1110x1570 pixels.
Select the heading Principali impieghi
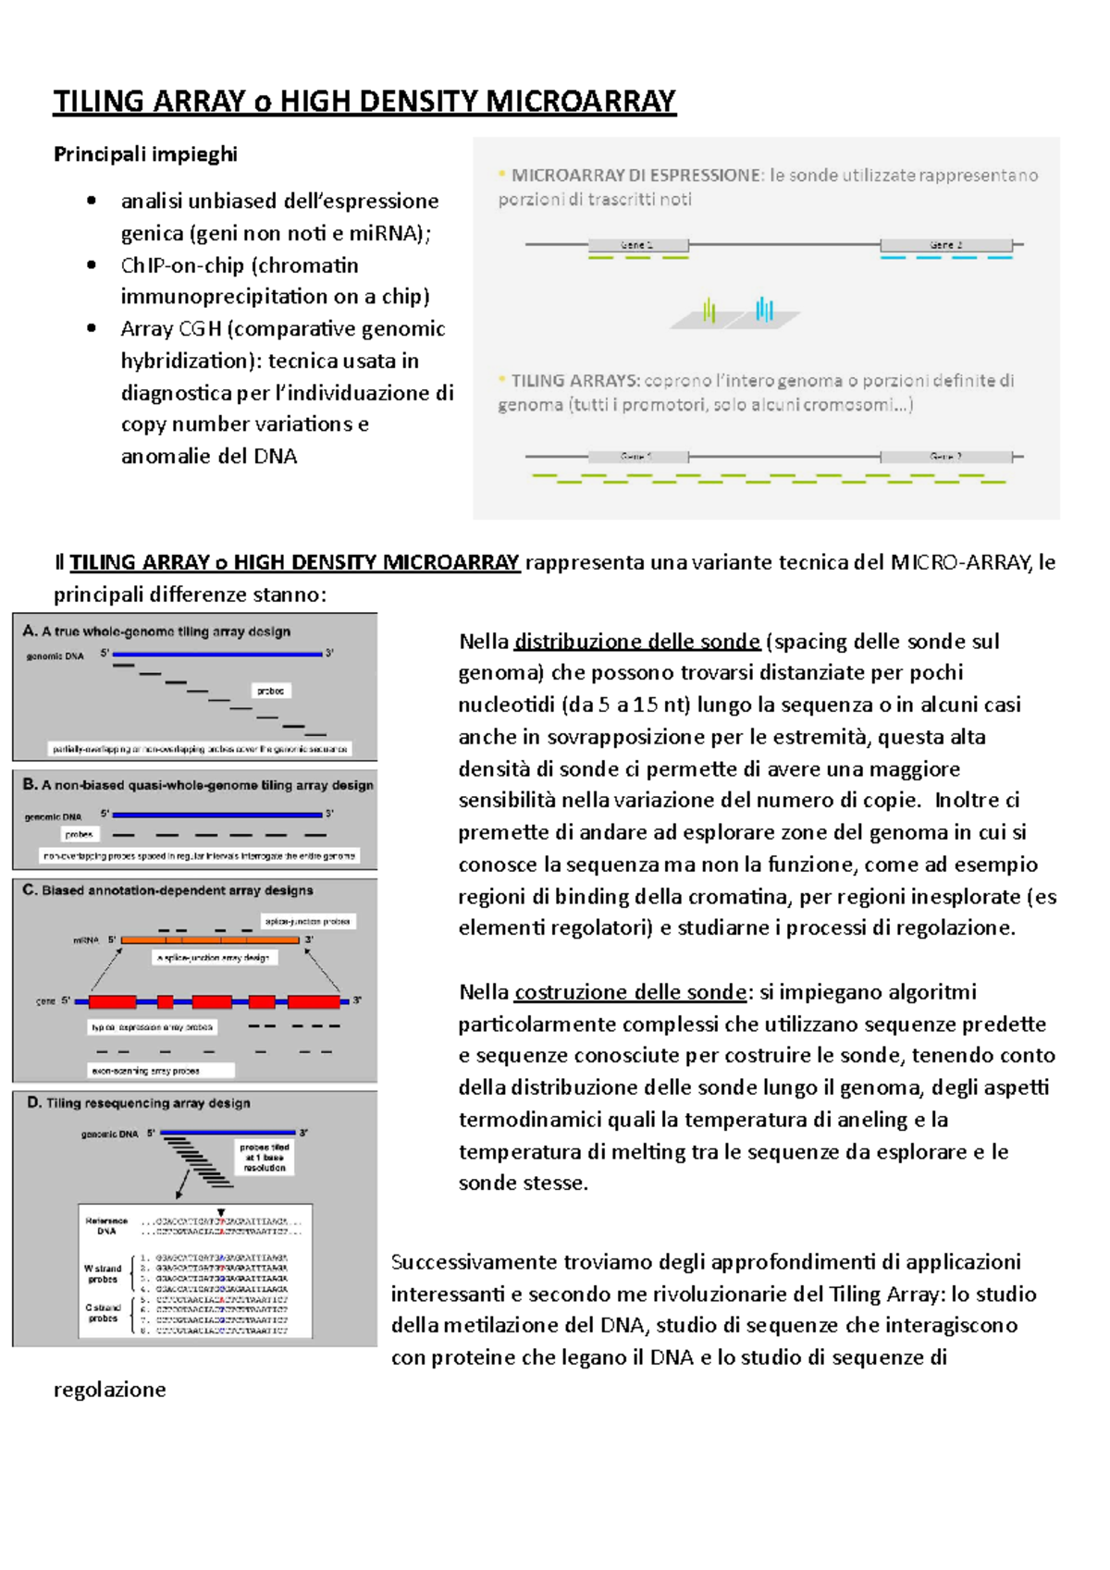[145, 154]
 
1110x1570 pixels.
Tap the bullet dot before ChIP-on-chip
[91, 265]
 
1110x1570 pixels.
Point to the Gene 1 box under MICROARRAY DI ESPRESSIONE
[638, 245]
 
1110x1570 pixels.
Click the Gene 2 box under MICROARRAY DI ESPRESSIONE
[945, 245]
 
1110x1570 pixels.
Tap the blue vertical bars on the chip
[764, 309]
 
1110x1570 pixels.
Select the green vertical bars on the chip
[709, 310]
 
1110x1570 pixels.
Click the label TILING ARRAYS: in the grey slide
[575, 380]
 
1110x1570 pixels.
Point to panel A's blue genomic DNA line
[217, 654]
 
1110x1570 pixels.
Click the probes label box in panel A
[271, 691]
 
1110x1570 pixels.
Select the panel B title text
[198, 785]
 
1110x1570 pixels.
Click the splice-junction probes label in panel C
[307, 921]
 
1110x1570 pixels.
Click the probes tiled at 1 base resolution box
[265, 1158]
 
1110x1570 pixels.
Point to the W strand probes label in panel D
[103, 1273]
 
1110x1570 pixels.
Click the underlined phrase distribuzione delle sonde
[636, 642]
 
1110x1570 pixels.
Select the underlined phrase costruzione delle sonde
[630, 992]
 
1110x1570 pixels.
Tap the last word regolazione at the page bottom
[109, 1390]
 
